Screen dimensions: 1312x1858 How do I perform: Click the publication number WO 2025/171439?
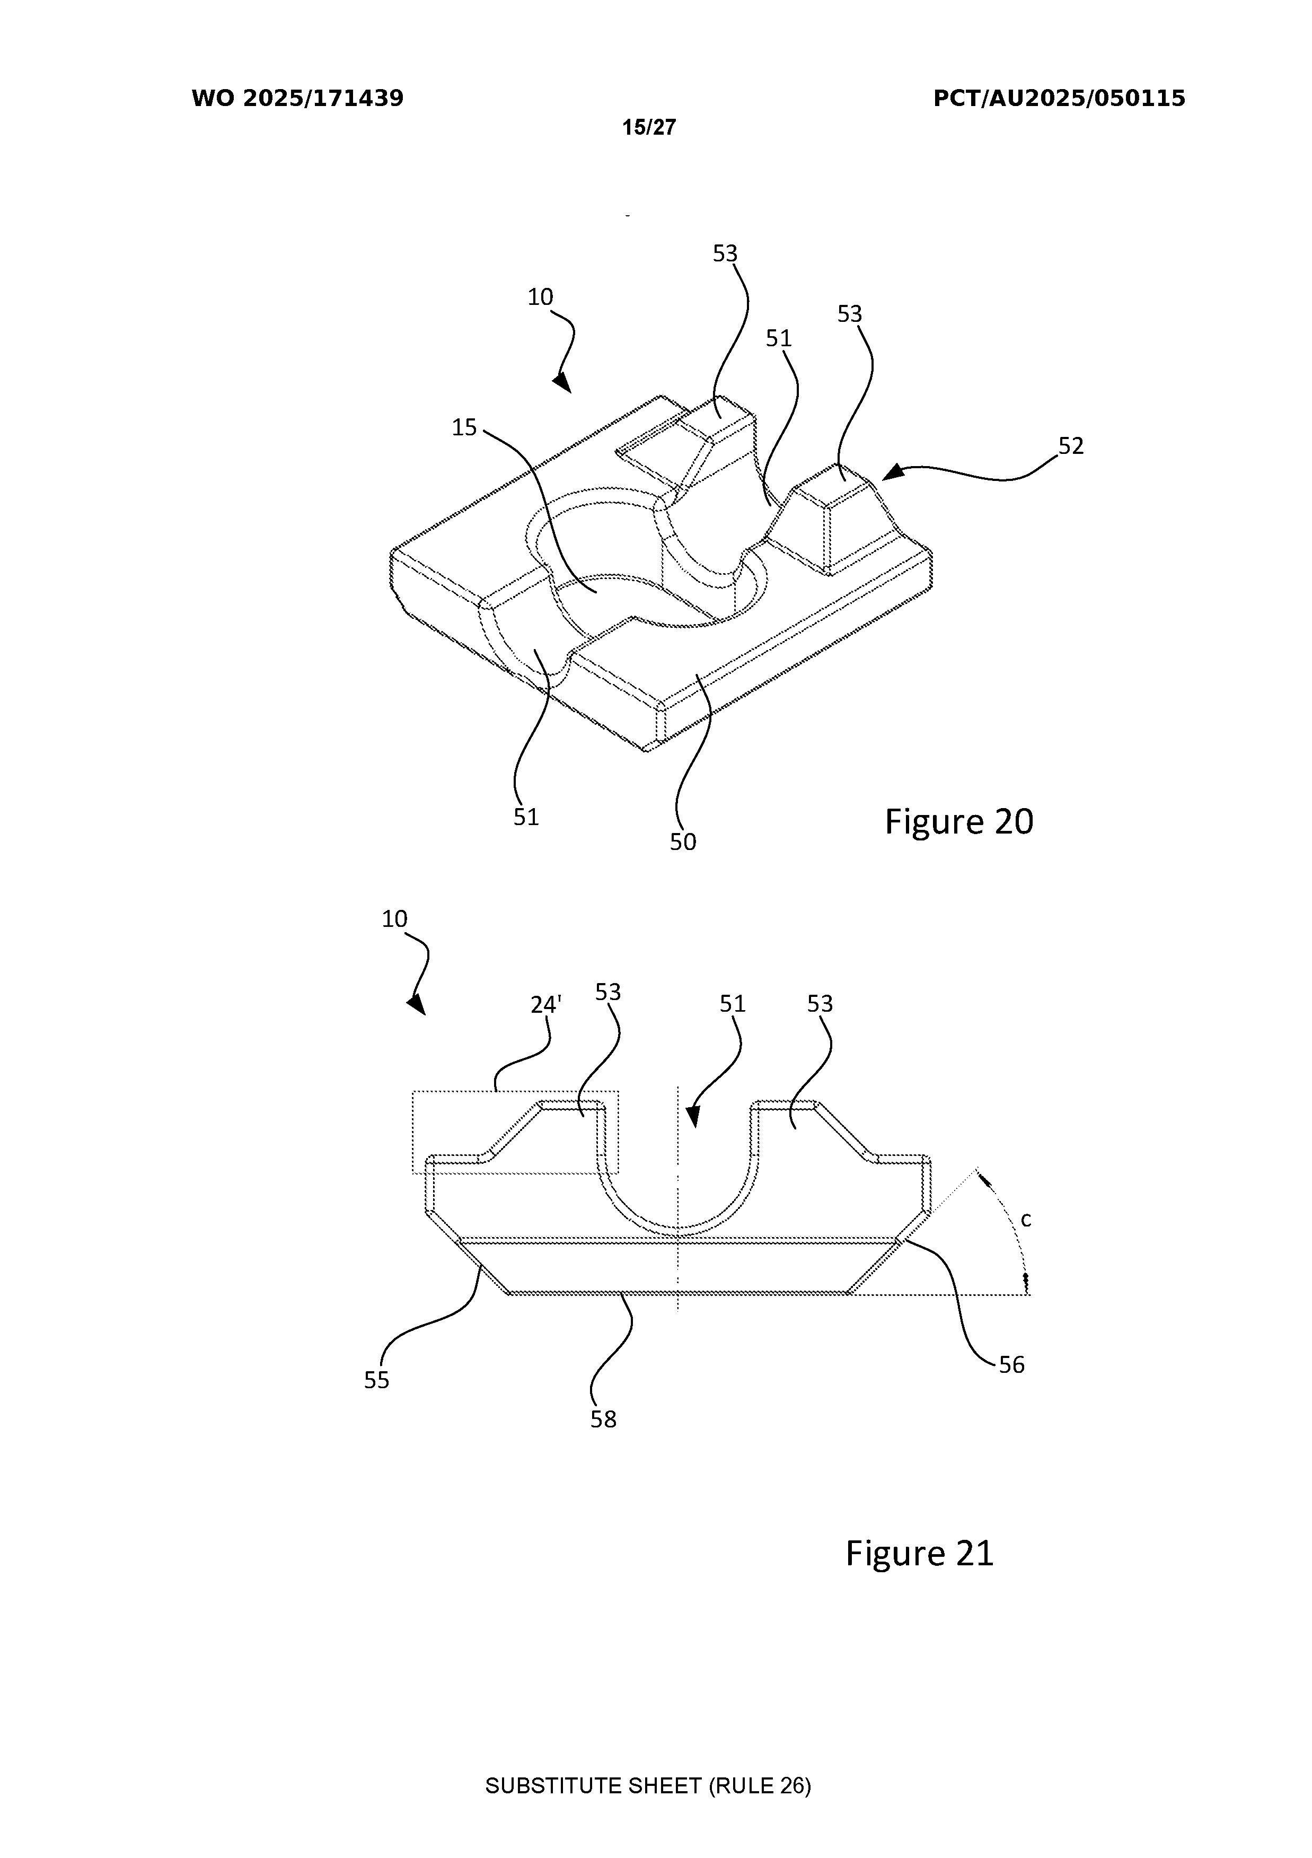[298, 99]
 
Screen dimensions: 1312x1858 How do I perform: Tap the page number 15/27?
[649, 127]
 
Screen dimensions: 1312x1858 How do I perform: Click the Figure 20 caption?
[959, 821]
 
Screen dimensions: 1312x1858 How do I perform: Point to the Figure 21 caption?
[920, 1553]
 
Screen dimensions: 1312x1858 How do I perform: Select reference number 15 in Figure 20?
[464, 427]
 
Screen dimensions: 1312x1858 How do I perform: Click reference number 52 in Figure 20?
[1071, 446]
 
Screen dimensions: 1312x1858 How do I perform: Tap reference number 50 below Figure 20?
[683, 843]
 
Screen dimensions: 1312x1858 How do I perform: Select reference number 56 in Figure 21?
[1011, 1365]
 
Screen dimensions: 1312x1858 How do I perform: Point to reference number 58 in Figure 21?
[603, 1419]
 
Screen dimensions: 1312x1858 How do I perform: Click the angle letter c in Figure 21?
[1026, 1220]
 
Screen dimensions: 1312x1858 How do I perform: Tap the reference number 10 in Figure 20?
[540, 297]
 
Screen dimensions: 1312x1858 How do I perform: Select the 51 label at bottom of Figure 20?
[526, 817]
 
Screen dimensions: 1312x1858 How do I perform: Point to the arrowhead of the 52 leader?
[892, 472]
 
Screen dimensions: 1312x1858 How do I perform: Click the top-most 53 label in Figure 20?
[725, 254]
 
